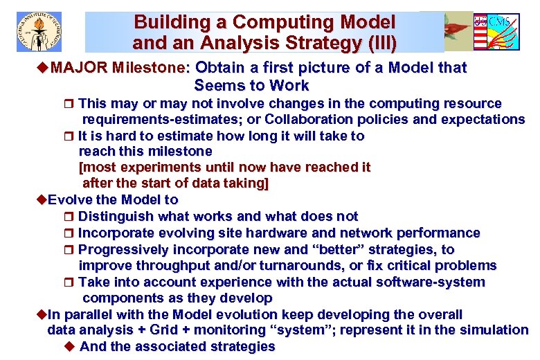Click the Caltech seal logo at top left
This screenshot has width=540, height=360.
tap(39, 31)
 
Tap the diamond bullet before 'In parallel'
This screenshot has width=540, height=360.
tap(41, 314)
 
